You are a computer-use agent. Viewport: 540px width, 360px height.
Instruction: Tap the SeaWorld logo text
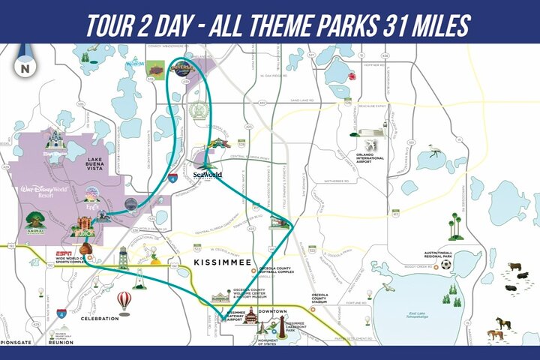click(x=208, y=174)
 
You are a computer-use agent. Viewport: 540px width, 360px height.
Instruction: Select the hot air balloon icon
click(x=124, y=300)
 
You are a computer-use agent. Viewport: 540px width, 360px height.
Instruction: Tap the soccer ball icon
click(x=446, y=264)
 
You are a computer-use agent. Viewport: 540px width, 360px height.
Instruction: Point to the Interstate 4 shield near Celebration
click(x=61, y=313)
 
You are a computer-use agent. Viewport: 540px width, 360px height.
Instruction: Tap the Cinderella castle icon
click(x=55, y=140)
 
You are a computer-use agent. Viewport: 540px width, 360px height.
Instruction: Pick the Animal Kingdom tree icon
click(x=34, y=218)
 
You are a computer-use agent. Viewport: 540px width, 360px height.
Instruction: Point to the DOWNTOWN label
click(x=272, y=310)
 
